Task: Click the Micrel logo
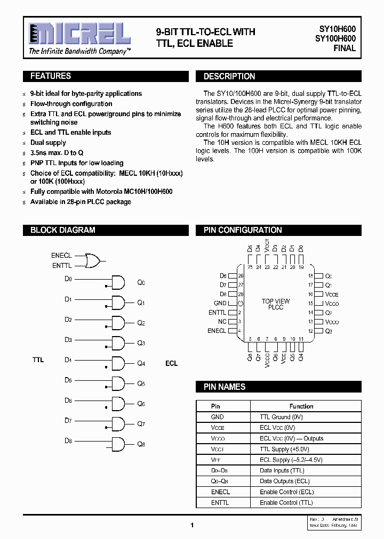click(79, 35)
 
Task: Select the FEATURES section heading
click(51, 76)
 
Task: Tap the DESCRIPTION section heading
click(229, 77)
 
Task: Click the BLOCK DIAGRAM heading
click(62, 230)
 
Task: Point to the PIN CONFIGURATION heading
click(243, 230)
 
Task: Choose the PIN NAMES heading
click(225, 387)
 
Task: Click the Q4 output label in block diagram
click(141, 364)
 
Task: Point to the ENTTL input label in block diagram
click(61, 265)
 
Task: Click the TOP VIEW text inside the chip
click(276, 301)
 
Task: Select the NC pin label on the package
click(222, 322)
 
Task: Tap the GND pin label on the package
click(220, 303)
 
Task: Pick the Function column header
click(301, 406)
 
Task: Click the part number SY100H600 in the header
click(335, 38)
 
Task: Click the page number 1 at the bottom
click(191, 525)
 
